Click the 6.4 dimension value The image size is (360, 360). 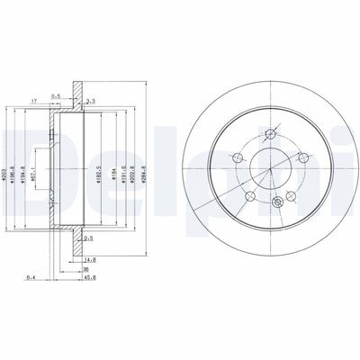click(x=31, y=275)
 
